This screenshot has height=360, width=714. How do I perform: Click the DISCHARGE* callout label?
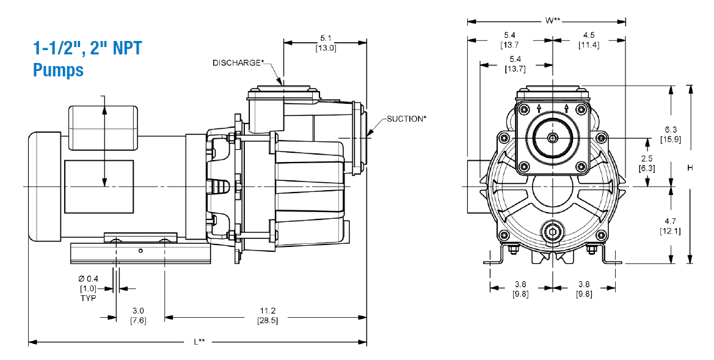(238, 63)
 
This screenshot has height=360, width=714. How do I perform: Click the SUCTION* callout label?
(407, 119)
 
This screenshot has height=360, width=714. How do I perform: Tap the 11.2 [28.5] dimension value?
(267, 315)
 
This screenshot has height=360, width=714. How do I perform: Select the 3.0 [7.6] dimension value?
(139, 315)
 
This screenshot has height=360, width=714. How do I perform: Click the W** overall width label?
(552, 21)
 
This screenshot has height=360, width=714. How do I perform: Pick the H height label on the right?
(690, 167)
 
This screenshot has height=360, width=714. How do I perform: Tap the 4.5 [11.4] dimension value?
(589, 40)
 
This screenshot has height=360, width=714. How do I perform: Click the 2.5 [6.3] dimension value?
(647, 163)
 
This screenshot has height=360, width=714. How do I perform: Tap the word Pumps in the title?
(58, 70)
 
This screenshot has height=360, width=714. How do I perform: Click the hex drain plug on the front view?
(552, 233)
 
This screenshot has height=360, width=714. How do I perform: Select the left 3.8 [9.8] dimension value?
(521, 289)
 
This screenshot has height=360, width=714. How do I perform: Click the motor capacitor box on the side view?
(103, 128)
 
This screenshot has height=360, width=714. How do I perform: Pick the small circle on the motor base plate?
(140, 250)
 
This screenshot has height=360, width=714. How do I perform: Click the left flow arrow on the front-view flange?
(539, 108)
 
